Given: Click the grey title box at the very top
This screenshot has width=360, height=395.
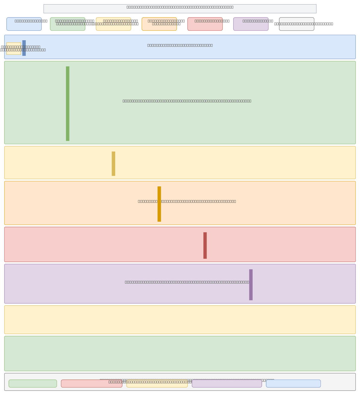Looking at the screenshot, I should coord(180,9).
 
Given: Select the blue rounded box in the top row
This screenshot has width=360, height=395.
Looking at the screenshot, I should coord(24,24).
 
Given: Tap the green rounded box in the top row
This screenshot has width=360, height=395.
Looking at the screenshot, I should coord(67,24).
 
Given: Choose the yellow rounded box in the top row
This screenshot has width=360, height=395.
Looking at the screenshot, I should coord(113,24).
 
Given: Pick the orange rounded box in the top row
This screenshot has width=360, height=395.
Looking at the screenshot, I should coord(159,24).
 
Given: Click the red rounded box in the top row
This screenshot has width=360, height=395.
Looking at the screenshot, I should coord(205,24).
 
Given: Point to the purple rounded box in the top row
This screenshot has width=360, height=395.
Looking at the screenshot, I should coord(251,24).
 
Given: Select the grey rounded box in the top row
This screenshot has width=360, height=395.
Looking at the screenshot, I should coord(296,24).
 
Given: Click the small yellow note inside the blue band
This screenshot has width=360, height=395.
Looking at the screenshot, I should coord(14,49).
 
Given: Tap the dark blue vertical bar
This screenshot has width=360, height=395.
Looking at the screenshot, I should coord(24,48).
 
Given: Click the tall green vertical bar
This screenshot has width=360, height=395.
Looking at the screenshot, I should coord(67,104).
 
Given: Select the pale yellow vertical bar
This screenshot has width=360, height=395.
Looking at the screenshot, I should coord(113,164).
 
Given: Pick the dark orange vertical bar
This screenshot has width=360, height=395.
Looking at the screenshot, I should coord(159,204).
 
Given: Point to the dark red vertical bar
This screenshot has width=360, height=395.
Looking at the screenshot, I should coord(205,245).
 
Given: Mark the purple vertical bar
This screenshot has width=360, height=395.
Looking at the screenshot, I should coord(251,285).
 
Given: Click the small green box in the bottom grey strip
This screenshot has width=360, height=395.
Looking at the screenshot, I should coord(33,384).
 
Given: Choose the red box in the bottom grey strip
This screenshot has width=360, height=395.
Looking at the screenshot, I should coord(91,384).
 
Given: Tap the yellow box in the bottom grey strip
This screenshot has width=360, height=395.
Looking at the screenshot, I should coord(157,384).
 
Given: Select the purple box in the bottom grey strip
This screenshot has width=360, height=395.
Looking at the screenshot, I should coord(227,384).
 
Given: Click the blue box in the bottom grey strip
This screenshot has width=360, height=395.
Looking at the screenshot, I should coord(293,384).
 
